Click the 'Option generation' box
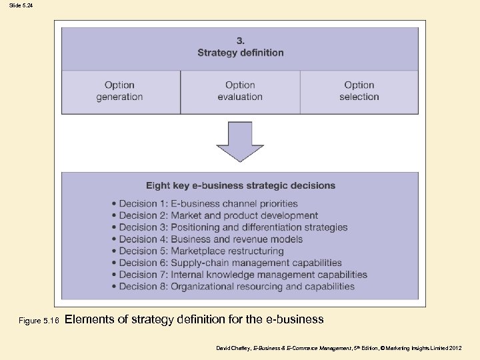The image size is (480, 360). tap(119, 91)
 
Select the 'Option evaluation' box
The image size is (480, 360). tap(240, 91)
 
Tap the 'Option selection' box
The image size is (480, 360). tap(359, 91)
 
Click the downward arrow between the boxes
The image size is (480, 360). tap(240, 141)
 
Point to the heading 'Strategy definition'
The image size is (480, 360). tap(240, 53)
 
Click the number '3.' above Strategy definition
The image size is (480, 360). tap(240, 41)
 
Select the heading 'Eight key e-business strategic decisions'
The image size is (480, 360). tap(241, 185)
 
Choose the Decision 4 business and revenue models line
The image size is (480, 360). tap(211, 239)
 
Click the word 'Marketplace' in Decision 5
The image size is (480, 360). tap(199, 251)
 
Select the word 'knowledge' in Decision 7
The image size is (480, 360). tap(235, 275)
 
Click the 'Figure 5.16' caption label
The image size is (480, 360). tap(39, 321)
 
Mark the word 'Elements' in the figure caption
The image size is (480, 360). tap(90, 319)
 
